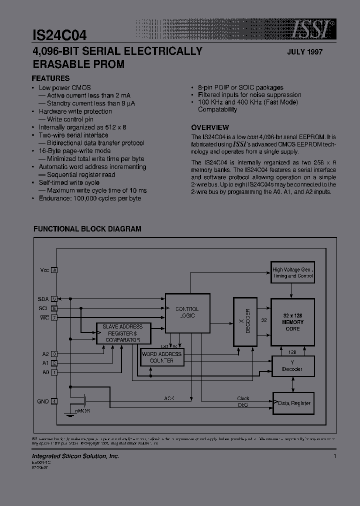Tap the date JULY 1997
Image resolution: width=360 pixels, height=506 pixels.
click(x=305, y=52)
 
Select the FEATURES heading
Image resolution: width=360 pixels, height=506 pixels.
click(x=50, y=78)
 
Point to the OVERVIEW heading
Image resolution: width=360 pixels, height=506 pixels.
click(x=210, y=127)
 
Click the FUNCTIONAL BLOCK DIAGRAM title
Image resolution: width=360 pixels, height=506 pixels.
click(x=87, y=229)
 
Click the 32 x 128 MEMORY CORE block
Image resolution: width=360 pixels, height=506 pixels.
click(x=292, y=322)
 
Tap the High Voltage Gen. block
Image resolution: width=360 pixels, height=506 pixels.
click(x=292, y=273)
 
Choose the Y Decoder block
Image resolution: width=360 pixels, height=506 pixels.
click(x=292, y=366)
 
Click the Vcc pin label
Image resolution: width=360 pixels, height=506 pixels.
click(x=45, y=270)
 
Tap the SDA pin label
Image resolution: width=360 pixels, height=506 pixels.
click(x=43, y=298)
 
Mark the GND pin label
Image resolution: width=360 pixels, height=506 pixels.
click(x=43, y=401)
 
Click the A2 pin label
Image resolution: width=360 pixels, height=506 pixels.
click(x=45, y=353)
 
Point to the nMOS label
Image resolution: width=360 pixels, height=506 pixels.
click(x=82, y=411)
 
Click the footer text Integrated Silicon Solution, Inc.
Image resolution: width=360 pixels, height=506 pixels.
click(x=75, y=456)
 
